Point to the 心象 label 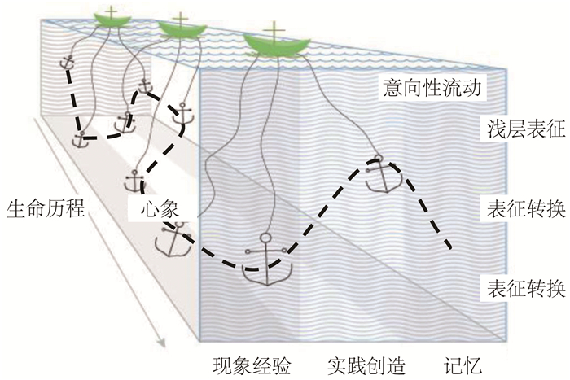pos(157,208)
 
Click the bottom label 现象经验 pos(252,363)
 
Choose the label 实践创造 pos(367,363)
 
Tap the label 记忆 pos(463,363)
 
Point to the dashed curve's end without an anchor pos(449,247)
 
